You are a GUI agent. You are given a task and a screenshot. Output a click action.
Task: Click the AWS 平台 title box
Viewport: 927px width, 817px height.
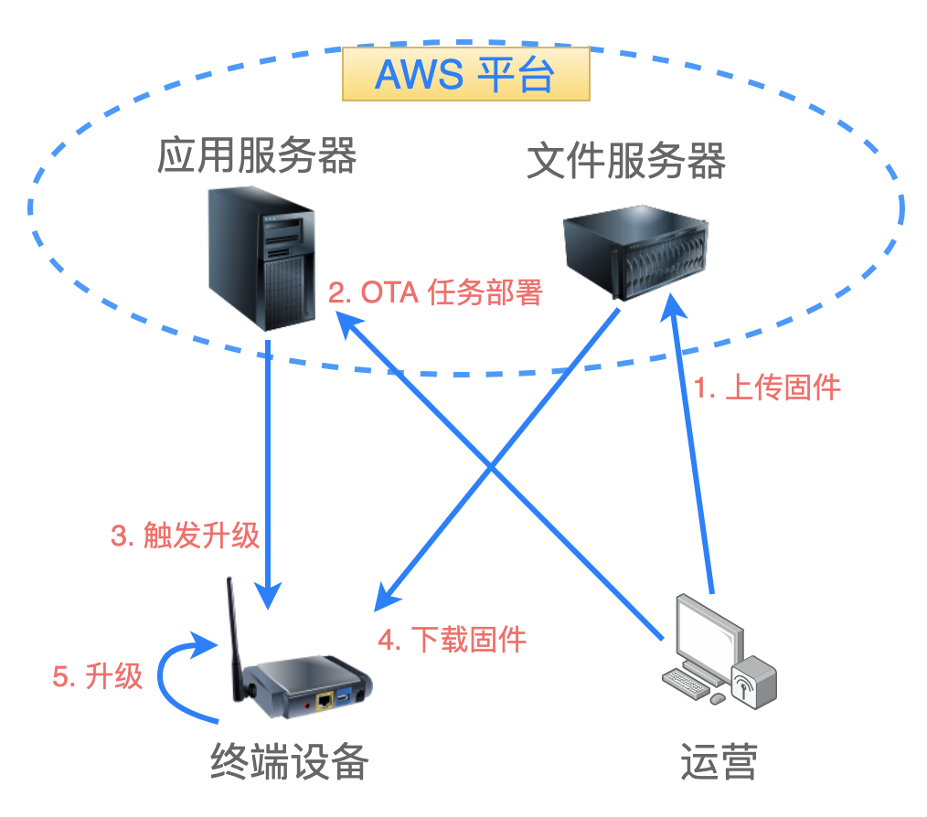tap(466, 74)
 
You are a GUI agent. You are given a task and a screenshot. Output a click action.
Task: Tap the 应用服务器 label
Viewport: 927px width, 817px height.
tap(257, 154)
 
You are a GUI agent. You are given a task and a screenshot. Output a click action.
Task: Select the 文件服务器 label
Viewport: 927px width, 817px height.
tap(626, 160)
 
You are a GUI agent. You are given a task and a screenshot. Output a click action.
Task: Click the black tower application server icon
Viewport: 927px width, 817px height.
tap(261, 259)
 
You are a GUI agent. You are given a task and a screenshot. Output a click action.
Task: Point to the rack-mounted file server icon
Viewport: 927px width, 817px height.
tap(635, 252)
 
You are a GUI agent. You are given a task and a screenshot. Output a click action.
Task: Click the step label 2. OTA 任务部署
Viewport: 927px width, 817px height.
tap(435, 292)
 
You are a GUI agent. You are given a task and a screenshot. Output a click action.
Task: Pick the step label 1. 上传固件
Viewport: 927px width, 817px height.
tap(767, 387)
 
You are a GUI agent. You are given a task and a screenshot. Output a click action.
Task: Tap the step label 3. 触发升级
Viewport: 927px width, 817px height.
tap(185, 536)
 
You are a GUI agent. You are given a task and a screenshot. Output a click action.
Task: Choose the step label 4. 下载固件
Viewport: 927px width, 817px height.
tap(453, 640)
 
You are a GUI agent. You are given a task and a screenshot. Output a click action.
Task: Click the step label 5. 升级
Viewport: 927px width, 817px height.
tap(98, 676)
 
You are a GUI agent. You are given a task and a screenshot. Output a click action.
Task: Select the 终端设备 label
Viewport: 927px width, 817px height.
tap(290, 761)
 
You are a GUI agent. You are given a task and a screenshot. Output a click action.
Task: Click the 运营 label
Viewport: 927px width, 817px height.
tap(719, 761)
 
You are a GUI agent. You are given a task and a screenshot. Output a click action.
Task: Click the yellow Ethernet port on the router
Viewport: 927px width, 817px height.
tap(325, 701)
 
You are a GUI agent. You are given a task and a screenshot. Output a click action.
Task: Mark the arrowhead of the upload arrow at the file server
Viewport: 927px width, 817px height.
tap(673, 306)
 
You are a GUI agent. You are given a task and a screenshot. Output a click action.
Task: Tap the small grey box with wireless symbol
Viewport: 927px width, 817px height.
tap(754, 683)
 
